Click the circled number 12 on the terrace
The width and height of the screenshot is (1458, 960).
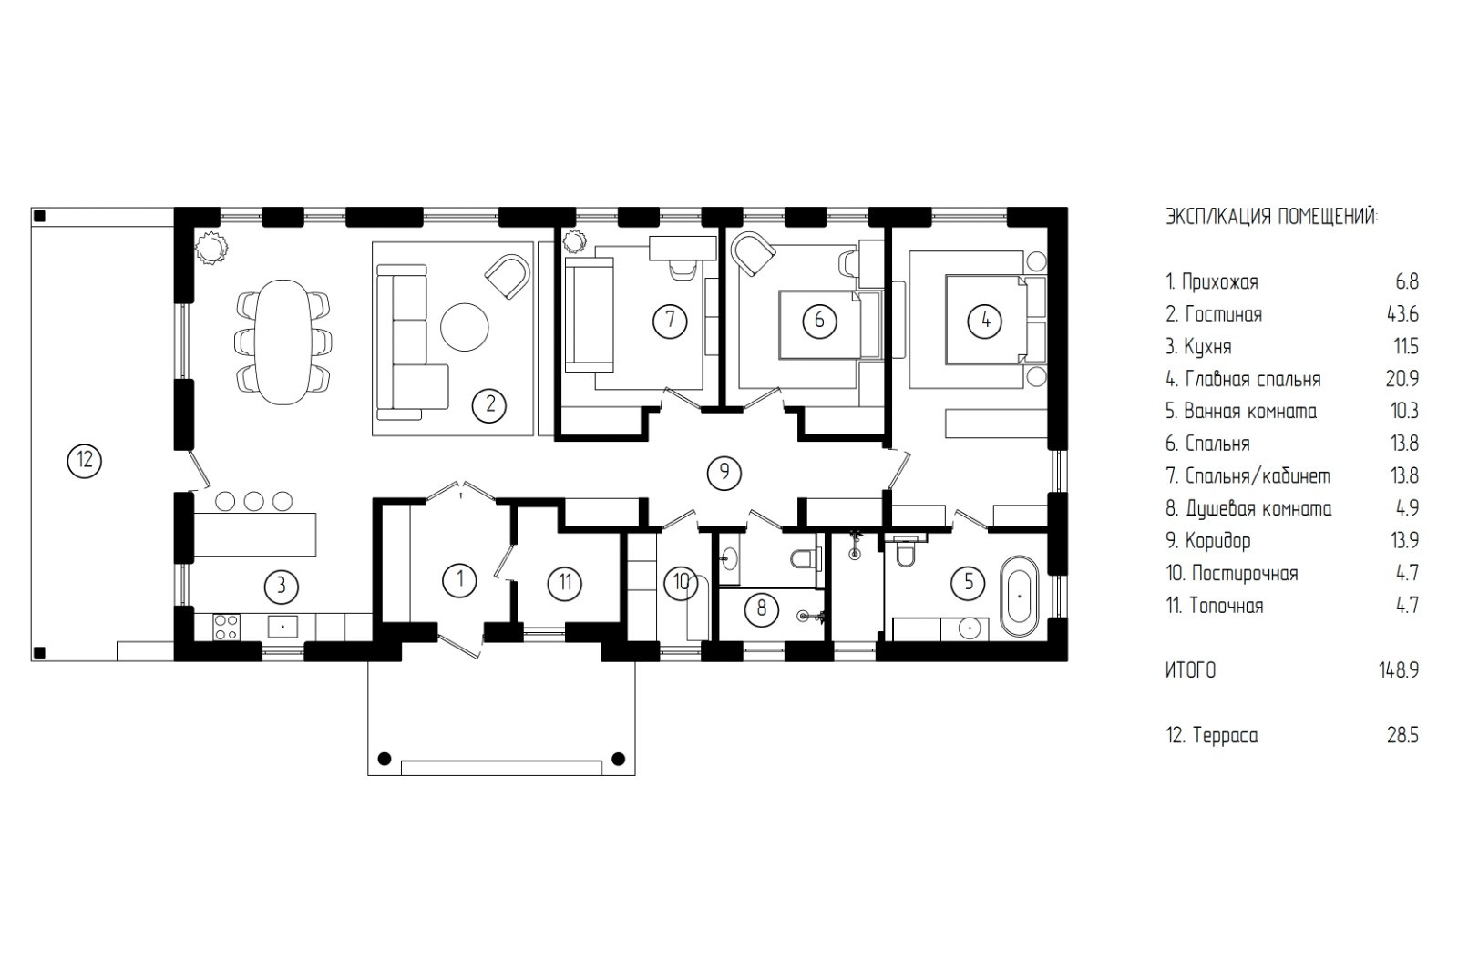click(85, 461)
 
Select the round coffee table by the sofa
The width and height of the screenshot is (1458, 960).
click(464, 327)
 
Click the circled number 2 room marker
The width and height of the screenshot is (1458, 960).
click(490, 404)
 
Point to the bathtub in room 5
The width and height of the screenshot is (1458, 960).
click(1020, 597)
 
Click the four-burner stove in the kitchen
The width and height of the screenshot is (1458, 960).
click(226, 627)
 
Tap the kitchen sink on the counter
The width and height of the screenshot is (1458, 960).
click(283, 627)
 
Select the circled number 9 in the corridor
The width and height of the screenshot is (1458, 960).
click(724, 472)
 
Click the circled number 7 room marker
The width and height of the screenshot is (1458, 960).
click(670, 320)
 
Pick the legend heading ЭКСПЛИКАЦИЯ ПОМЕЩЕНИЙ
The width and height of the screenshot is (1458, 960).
click(1271, 217)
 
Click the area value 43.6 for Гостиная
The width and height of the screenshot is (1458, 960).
click(1402, 314)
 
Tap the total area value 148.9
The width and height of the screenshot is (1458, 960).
click(1398, 670)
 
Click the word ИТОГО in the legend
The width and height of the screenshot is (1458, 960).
click(1190, 670)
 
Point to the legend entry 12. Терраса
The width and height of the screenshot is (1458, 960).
click(1211, 736)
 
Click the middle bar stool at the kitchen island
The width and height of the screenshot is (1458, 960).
click(254, 501)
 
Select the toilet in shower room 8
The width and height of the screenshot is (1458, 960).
click(806, 558)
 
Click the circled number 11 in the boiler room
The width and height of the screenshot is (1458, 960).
click(564, 582)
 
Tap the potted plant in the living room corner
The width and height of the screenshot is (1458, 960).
click(210, 247)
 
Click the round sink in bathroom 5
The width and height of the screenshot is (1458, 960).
click(970, 628)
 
